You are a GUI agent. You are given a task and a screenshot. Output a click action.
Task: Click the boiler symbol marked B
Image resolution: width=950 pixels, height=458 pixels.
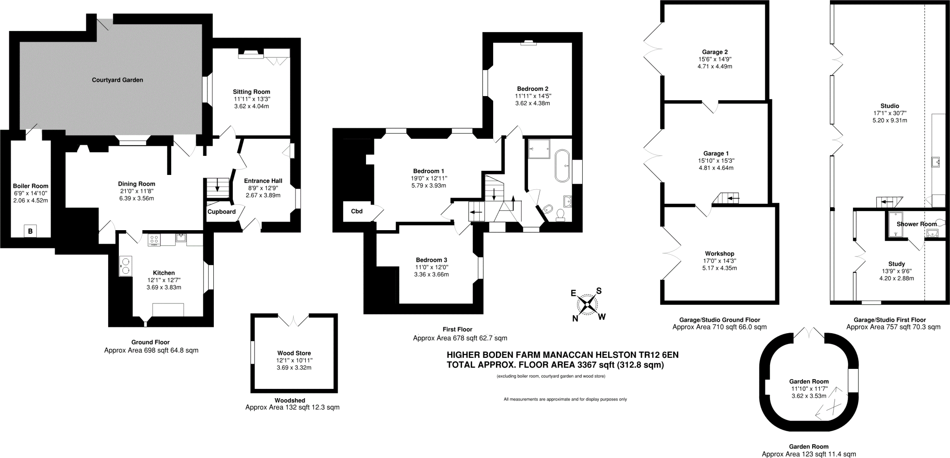tap(31, 231)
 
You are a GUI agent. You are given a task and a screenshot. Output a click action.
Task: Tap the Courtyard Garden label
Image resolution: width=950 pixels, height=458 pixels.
tap(117, 80)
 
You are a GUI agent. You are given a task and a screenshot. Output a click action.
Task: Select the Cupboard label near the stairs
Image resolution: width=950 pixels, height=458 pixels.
tap(221, 212)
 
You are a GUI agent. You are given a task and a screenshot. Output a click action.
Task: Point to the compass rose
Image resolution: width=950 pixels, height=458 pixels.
tap(587, 304)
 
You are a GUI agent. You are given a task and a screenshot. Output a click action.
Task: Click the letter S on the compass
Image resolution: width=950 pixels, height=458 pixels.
tap(599, 291)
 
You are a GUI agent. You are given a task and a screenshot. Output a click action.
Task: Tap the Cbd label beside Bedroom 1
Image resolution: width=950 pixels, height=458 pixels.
tap(357, 211)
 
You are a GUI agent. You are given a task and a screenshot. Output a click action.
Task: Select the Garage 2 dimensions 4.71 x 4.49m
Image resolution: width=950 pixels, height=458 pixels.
tap(715, 66)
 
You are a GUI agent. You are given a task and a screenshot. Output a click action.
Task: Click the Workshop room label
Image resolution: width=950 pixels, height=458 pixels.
tap(719, 253)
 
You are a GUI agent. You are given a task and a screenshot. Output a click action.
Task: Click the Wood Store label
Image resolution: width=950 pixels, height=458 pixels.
tap(294, 353)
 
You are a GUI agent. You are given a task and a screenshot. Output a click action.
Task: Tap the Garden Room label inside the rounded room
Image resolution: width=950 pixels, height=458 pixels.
tap(809, 381)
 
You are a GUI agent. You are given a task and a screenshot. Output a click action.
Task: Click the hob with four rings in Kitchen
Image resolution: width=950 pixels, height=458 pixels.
tap(154, 240)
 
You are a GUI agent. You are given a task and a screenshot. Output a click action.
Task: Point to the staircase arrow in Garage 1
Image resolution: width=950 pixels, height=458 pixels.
tap(733, 199)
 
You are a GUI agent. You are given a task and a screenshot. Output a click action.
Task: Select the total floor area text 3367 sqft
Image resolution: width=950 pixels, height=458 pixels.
tap(555, 365)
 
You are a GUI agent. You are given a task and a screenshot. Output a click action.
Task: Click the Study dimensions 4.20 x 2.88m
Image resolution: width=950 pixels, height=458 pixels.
tap(896, 278)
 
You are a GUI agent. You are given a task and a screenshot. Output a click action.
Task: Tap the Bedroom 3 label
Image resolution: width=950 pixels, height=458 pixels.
tap(431, 260)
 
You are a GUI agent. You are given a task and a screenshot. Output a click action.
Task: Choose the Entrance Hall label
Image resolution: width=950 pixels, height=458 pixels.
tap(263, 181)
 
